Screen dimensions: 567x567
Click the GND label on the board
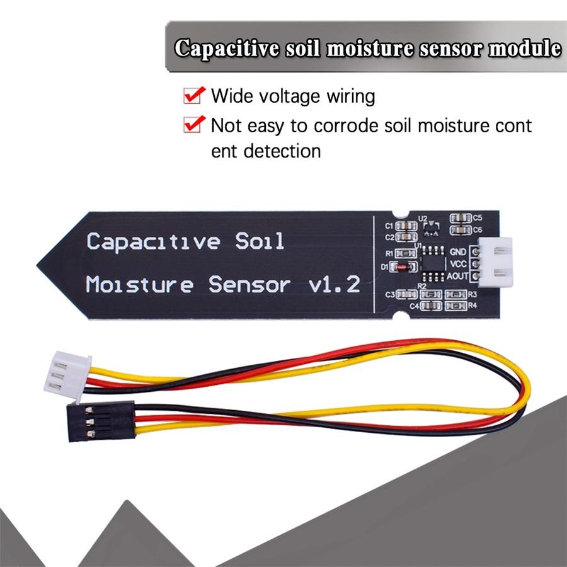[x=457, y=252]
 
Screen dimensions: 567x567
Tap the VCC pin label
[x=457, y=264]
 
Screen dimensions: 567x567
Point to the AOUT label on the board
[x=456, y=276]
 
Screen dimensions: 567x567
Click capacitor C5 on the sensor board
[x=461, y=218]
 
